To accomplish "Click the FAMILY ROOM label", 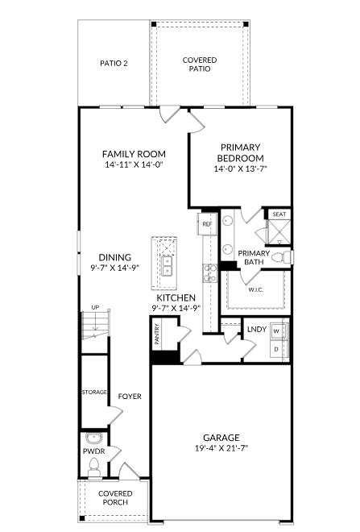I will click(x=134, y=154).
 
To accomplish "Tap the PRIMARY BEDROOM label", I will click(x=240, y=147).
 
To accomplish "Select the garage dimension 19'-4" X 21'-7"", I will click(x=221, y=448).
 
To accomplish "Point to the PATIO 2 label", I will click(x=114, y=63).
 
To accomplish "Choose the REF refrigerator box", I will click(x=207, y=223).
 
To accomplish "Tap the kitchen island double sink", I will click(x=167, y=266).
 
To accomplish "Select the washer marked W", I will click(x=276, y=331).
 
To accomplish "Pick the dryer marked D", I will click(x=276, y=349).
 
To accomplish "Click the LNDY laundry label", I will click(x=256, y=329).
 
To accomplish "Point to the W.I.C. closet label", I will click(x=256, y=289).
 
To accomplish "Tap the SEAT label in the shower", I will click(x=279, y=214).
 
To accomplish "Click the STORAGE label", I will click(x=93, y=392).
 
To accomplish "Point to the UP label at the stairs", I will click(x=95, y=307).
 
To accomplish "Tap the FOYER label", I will click(x=130, y=396).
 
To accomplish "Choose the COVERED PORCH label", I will click(x=115, y=497).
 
